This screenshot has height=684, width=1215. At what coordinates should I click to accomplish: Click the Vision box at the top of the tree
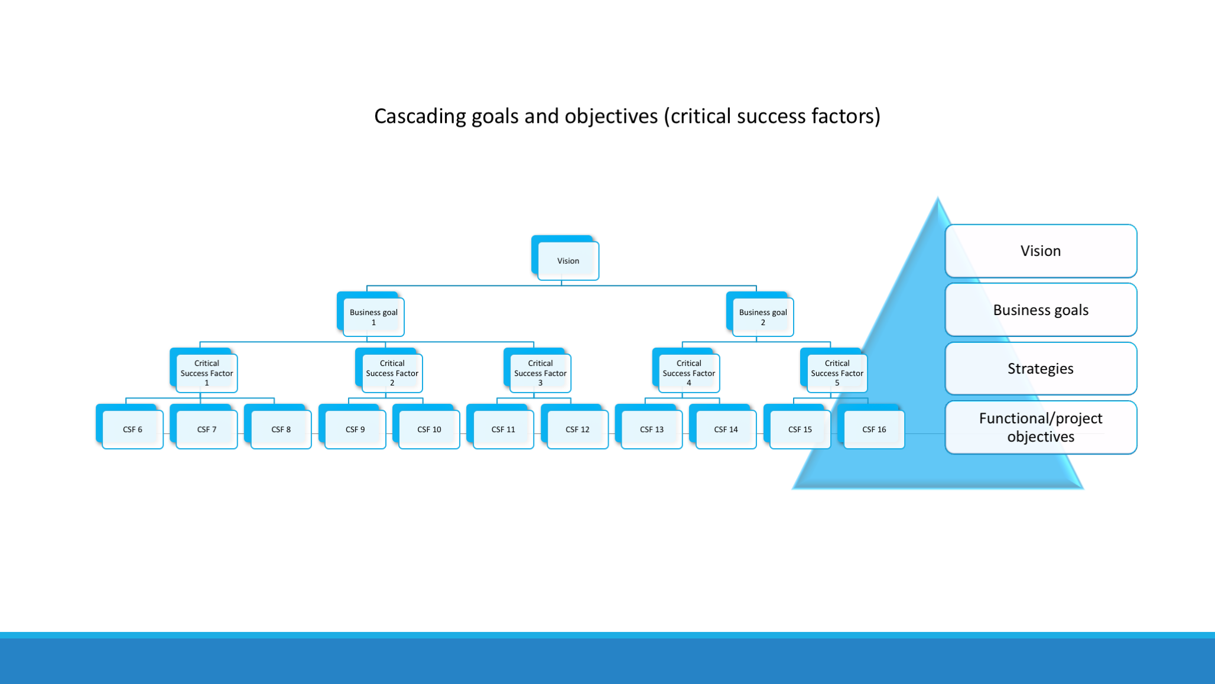568,261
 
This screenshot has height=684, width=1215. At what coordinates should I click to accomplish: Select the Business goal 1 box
373,317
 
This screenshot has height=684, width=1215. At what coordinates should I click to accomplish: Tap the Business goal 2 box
762,317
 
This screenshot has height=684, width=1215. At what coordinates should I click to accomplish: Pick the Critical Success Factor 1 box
207,373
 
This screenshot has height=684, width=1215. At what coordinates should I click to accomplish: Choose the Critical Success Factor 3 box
540,373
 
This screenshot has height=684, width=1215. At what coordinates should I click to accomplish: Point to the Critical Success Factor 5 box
837,373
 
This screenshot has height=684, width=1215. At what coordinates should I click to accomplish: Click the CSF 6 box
132,429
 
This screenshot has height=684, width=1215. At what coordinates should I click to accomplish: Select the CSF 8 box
281,429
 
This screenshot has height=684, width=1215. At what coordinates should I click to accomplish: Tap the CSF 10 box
429,429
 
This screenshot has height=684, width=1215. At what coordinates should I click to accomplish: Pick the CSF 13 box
651,429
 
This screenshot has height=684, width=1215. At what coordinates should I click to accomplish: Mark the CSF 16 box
874,429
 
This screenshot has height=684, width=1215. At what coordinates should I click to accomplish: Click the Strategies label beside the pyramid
1040,369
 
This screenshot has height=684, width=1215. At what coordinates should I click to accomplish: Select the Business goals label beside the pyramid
1040,310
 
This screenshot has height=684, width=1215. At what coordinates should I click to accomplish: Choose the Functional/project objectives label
1040,427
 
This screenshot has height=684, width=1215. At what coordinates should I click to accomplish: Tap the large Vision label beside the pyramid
1040,251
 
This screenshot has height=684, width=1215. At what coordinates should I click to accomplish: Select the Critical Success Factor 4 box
688,373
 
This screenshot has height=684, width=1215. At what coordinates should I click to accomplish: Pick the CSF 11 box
503,429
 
